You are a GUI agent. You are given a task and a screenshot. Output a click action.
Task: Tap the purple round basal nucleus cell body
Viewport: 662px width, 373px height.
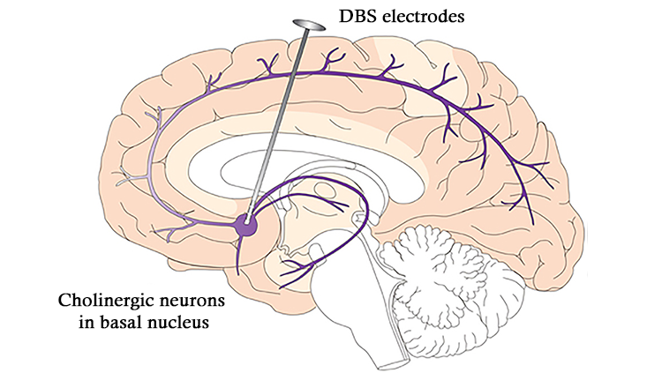(248, 225)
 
